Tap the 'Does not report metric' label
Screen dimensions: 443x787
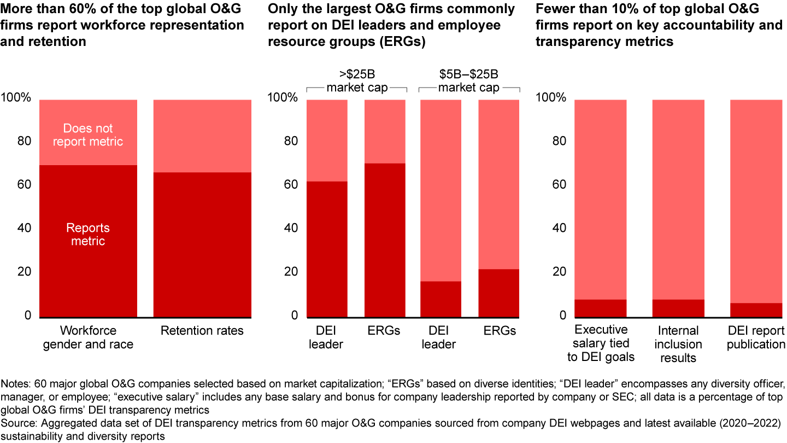tap(88, 135)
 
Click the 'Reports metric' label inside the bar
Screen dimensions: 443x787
tap(88, 235)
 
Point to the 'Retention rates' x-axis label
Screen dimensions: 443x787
tap(202, 331)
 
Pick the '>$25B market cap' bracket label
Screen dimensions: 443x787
tap(357, 80)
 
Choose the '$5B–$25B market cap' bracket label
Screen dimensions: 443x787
tap(469, 80)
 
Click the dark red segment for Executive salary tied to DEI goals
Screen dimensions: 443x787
tap(600, 308)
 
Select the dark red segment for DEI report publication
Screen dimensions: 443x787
tap(756, 310)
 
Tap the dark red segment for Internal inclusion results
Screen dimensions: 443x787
tap(678, 308)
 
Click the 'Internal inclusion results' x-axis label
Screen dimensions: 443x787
tap(678, 344)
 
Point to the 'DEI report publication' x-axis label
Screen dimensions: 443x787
tap(756, 337)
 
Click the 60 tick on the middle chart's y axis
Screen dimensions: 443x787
tap(290, 185)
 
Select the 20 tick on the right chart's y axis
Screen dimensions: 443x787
tap(557, 272)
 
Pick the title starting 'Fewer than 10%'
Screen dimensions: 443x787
tap(659, 25)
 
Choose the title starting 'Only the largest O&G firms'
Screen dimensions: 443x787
tap(391, 25)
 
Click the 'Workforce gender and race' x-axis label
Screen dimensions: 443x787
tap(88, 337)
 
